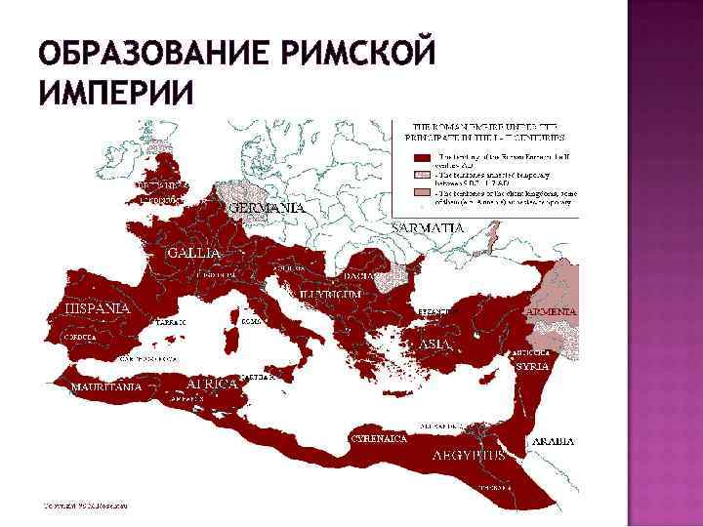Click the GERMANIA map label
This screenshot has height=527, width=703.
coord(266,208)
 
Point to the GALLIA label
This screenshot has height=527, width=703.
coord(193,252)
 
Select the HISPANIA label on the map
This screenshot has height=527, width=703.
coord(98,307)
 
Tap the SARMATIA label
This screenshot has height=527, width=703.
coord(427,226)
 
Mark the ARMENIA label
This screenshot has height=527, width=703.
coord(552,310)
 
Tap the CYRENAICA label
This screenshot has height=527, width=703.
coord(380,439)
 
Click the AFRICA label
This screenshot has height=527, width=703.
coord(213,383)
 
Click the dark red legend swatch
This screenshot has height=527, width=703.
coord(422,156)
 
